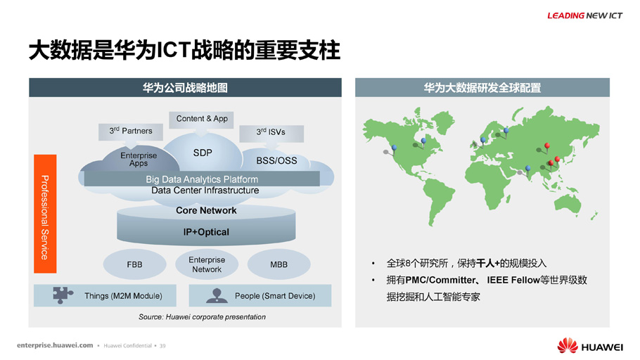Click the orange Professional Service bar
pyautogui.click(x=45, y=214)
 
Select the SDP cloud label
pyautogui.click(x=203, y=153)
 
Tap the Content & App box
pyautogui.click(x=202, y=119)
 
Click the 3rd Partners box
pyautogui.click(x=131, y=131)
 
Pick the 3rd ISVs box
pyautogui.click(x=271, y=133)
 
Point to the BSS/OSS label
pyautogui.click(x=276, y=161)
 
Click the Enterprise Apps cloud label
pyautogui.click(x=139, y=159)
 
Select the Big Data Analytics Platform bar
pyautogui.click(x=202, y=179)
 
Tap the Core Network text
pyautogui.click(x=206, y=211)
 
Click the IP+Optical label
pyautogui.click(x=206, y=232)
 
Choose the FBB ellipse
pyautogui.click(x=135, y=264)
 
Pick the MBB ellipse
pyautogui.click(x=279, y=264)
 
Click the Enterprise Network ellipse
pyautogui.click(x=207, y=264)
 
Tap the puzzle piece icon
pyautogui.click(x=63, y=295)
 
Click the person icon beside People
pyautogui.click(x=217, y=295)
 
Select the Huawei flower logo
pyautogui.click(x=568, y=346)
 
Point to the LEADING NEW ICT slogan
pyautogui.click(x=584, y=15)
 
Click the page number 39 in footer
pyautogui.click(x=162, y=346)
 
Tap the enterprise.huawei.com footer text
pyautogui.click(x=55, y=345)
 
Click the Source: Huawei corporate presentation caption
pyautogui.click(x=202, y=316)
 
